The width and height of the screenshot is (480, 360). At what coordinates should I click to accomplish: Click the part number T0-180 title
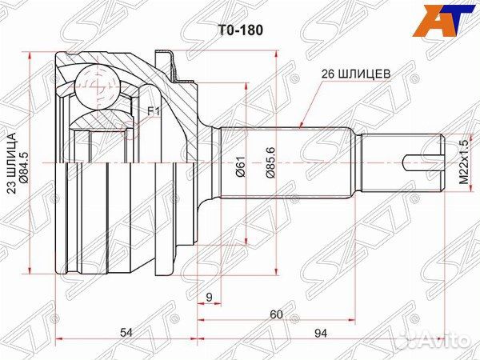click(x=240, y=30)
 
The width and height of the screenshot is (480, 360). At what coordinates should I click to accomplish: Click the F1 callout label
click(x=154, y=112)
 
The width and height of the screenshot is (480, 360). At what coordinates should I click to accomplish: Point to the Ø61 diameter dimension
click(x=241, y=166)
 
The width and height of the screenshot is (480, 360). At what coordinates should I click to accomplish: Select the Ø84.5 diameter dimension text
click(x=24, y=168)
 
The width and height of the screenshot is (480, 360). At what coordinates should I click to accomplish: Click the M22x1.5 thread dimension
click(x=464, y=162)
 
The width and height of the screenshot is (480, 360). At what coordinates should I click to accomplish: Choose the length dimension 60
click(x=277, y=314)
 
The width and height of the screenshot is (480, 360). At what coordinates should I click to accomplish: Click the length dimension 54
click(x=126, y=332)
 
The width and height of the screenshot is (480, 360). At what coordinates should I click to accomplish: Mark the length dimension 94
click(x=320, y=333)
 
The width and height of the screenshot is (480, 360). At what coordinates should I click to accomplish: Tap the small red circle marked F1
click(x=130, y=130)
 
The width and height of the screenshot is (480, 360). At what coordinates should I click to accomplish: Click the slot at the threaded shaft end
click(x=423, y=163)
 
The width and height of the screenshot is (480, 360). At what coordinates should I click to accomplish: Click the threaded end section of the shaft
click(x=402, y=163)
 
